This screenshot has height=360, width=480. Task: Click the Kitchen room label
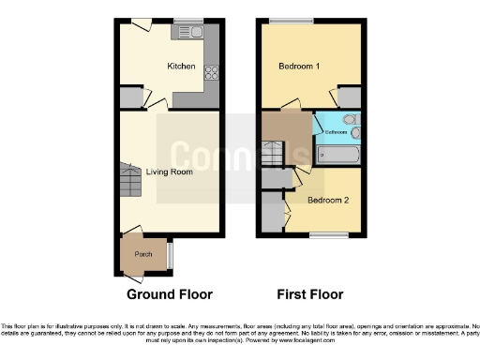tap(181, 67)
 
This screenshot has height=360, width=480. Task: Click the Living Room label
tap(170, 172)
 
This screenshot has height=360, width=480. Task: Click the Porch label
tap(143, 254)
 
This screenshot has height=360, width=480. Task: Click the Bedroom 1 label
tap(300, 67)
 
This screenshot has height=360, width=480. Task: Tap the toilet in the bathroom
tap(351, 119)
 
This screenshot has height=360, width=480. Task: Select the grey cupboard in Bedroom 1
tap(348, 97)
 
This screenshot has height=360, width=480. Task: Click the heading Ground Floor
tap(170, 293)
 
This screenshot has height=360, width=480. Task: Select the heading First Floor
tap(309, 293)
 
